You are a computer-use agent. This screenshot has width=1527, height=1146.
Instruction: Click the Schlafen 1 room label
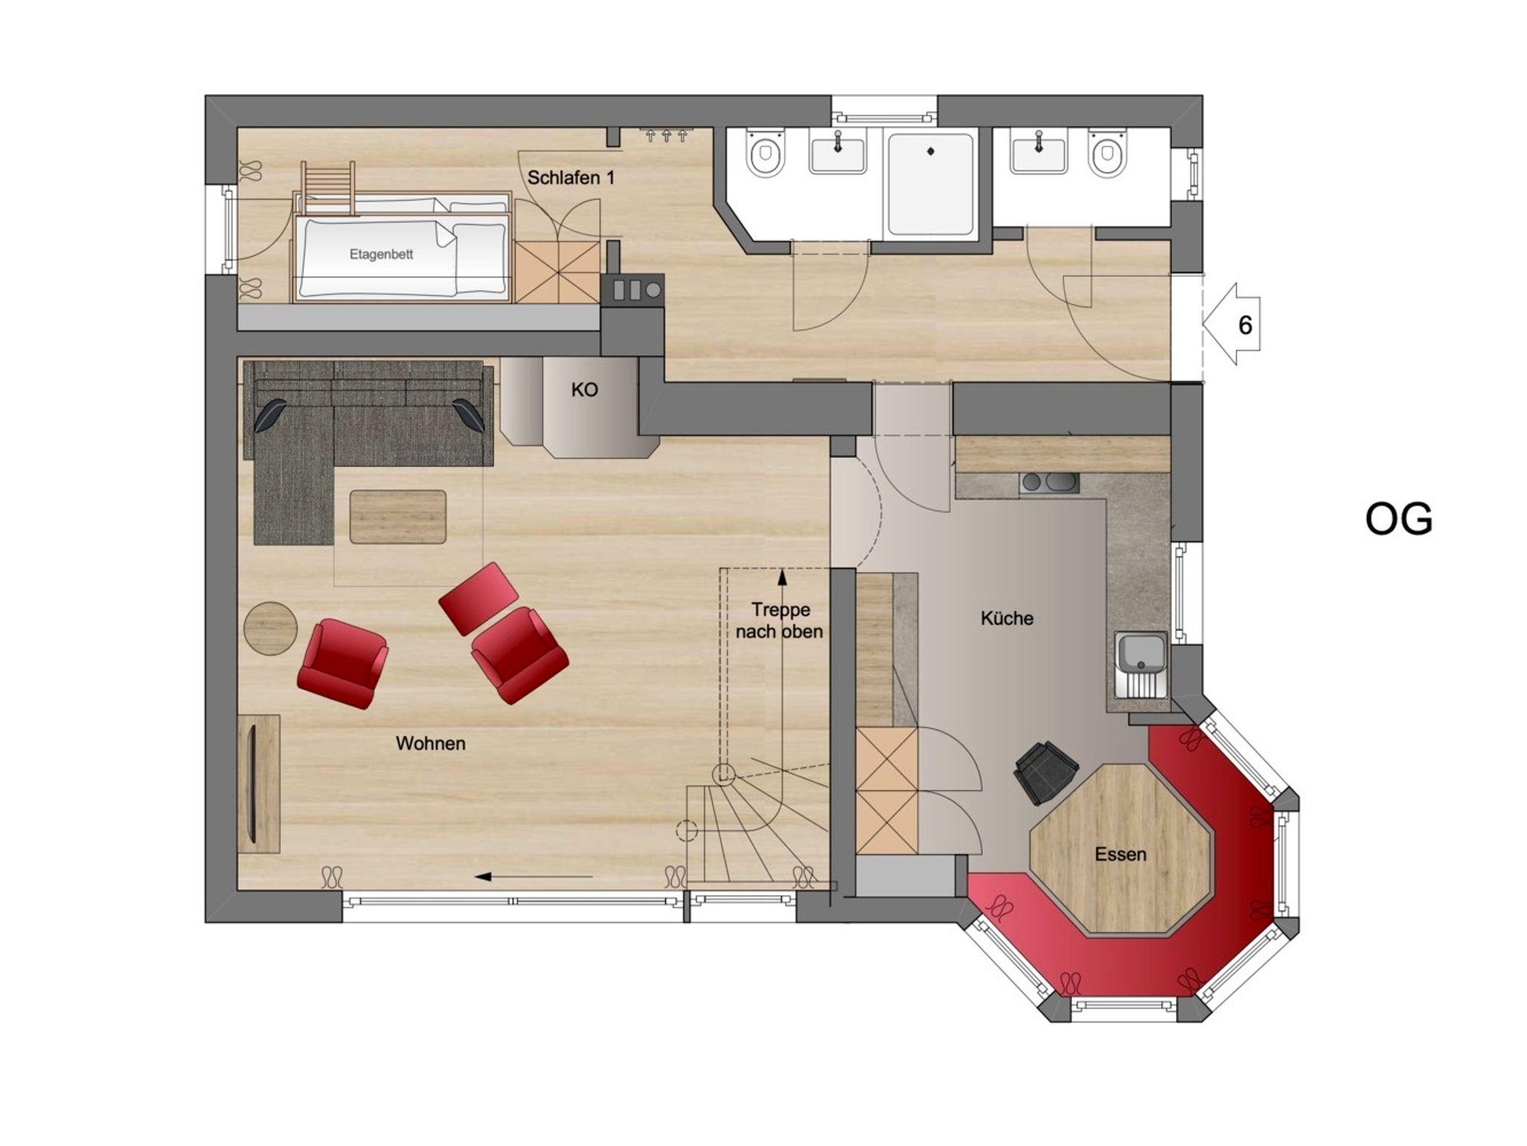pos(571,178)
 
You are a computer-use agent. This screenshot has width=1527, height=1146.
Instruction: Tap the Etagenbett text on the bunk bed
pos(381,254)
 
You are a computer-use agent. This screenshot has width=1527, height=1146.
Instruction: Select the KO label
pos(585,390)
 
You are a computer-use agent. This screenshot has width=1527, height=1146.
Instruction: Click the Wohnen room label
pos(430,743)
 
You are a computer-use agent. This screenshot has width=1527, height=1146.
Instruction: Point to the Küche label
pos(1007,618)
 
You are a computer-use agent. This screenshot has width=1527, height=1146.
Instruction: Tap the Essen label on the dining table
pos(1121,855)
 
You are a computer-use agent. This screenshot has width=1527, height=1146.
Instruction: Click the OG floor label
pos(1399,519)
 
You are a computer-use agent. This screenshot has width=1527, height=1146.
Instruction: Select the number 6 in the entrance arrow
pos(1244,326)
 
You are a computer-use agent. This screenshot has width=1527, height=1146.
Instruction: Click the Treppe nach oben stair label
pos(780,621)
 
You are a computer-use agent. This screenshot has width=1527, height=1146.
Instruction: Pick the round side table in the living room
pos(271,628)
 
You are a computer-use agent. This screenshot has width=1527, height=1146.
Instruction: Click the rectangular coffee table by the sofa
pos(398,516)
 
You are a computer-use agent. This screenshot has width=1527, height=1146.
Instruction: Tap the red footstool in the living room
pos(479,598)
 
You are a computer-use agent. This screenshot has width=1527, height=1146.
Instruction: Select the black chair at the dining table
pos(1046,772)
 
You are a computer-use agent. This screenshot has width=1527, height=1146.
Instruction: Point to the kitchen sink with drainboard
pos(1141,665)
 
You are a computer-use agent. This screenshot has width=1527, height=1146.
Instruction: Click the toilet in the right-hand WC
pos(1106,154)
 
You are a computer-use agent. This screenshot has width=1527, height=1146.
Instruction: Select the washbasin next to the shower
pos(837,153)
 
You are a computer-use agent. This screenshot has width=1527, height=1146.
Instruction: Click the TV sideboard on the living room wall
pos(259,783)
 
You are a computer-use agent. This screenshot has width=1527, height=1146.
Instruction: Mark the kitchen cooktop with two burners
pos(1049,483)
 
